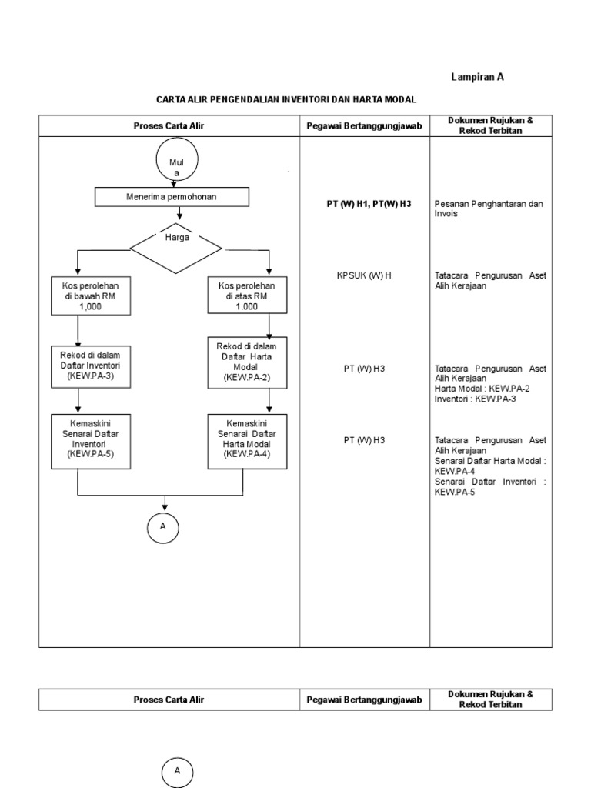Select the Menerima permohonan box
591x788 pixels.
tap(172, 198)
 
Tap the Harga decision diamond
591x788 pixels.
tap(176, 247)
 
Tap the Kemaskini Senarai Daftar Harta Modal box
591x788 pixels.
tap(247, 439)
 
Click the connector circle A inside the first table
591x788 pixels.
tap(163, 527)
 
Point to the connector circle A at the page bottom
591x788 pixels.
tap(177, 771)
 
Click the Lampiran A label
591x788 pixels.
tap(477, 77)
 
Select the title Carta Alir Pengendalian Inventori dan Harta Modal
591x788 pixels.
tap(285, 99)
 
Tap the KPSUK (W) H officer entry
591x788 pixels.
tap(364, 275)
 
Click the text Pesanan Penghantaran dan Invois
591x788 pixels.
tap(489, 209)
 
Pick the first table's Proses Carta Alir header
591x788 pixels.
tap(169, 125)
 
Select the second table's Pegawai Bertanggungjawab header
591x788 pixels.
tap(364, 700)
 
